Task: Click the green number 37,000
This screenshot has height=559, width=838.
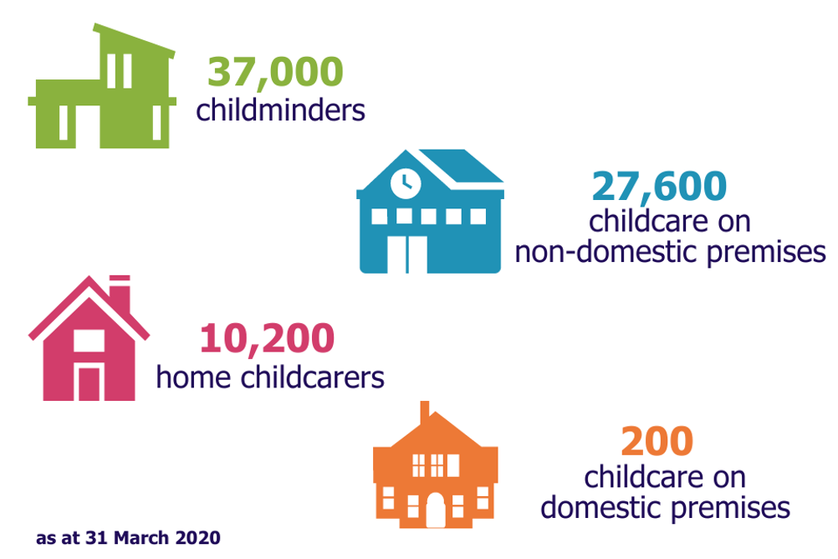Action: (x=275, y=73)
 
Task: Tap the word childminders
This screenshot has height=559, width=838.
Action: (x=280, y=110)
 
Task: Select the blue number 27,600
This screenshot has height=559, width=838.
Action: (x=660, y=187)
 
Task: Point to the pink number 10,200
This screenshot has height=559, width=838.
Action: (x=268, y=338)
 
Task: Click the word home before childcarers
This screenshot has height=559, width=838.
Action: (x=193, y=377)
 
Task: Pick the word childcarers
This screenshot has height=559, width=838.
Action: (x=313, y=377)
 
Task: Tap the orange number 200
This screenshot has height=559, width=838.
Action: (x=657, y=441)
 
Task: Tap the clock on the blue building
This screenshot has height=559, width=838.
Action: (x=406, y=183)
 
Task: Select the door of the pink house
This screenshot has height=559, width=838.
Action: (x=89, y=383)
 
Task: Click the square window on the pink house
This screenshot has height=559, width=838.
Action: (x=89, y=341)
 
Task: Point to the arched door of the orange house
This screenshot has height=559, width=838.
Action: (x=435, y=510)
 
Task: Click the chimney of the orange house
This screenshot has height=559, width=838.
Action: (x=425, y=413)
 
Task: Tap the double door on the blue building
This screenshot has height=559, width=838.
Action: (x=407, y=254)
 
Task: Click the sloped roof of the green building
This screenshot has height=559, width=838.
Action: (x=134, y=40)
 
